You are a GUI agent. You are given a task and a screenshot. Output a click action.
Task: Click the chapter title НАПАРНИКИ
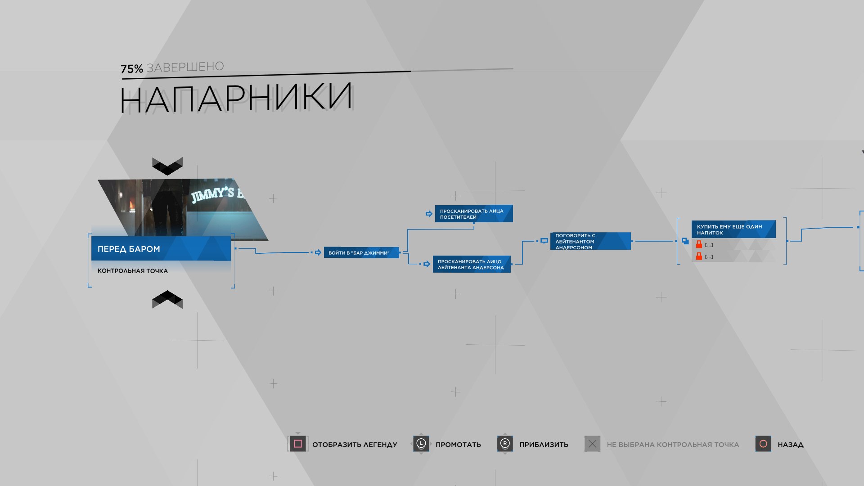point(236,98)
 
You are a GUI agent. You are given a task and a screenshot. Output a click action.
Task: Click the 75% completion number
point(131,69)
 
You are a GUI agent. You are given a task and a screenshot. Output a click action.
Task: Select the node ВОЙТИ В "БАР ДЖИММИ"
point(361,253)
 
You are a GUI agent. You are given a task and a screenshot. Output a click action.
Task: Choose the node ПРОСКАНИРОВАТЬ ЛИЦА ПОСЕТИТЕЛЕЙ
point(473,214)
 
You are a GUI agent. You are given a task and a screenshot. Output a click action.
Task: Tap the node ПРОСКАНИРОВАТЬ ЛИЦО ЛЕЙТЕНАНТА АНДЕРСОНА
point(471,264)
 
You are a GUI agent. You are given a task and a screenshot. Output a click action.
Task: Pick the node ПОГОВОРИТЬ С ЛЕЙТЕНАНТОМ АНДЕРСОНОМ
point(590,241)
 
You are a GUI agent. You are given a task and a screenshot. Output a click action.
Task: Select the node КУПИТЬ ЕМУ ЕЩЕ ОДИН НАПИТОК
point(733,229)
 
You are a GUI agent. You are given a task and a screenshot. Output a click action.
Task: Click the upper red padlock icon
point(699,244)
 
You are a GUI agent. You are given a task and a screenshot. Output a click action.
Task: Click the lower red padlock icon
point(699,256)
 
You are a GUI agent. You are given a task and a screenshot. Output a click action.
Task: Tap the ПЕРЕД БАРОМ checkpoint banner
point(161,249)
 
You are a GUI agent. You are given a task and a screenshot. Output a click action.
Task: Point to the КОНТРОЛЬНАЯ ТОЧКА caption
point(133,271)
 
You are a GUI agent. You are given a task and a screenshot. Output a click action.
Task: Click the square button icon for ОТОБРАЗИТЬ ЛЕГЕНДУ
point(297,444)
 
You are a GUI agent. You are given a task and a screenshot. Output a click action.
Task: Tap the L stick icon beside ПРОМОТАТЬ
point(421,444)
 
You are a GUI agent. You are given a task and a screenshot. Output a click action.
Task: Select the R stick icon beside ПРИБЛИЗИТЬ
point(505,444)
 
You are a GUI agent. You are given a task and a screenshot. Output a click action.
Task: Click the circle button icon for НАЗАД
point(763,444)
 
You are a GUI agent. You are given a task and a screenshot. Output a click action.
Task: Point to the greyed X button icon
point(592,444)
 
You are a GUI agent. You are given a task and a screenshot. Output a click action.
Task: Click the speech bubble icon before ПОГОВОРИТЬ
point(544,241)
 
